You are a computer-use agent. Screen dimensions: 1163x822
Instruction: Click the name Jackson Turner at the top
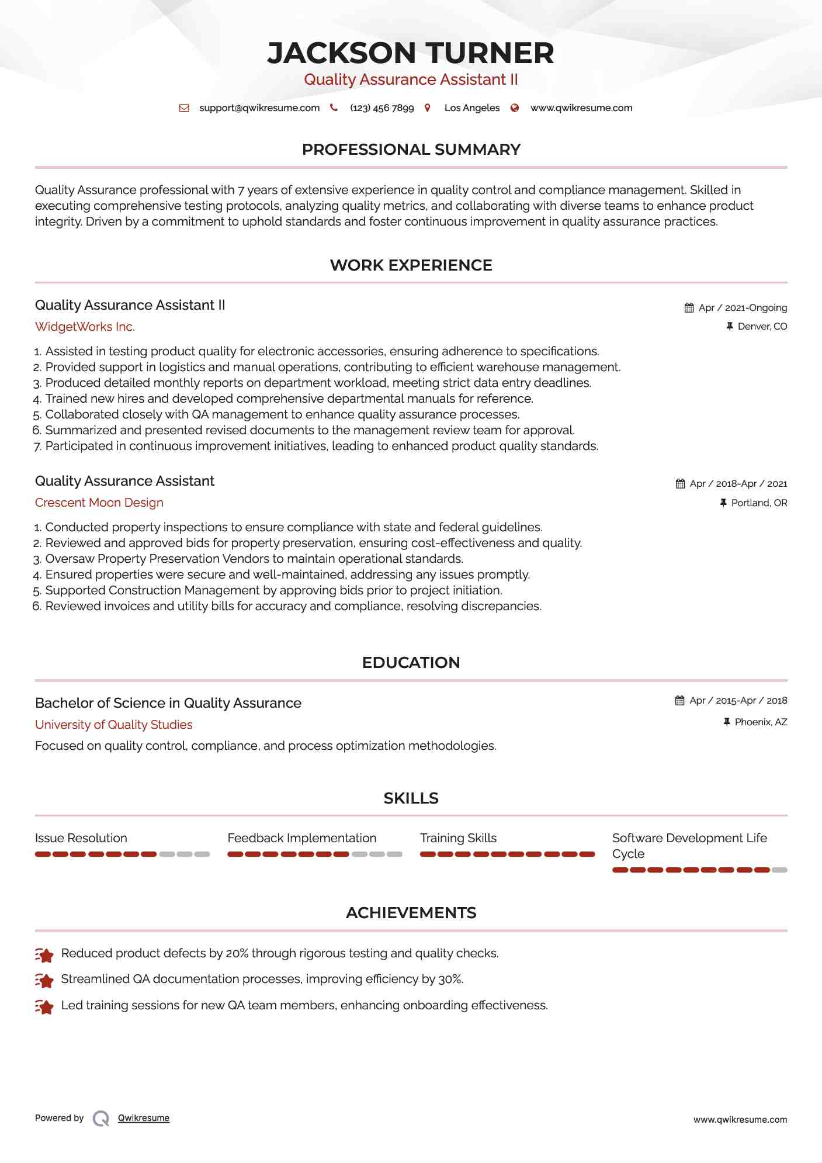[411, 53]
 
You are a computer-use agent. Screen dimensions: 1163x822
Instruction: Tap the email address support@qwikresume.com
[259, 108]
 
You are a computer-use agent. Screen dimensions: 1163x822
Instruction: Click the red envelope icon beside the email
[184, 108]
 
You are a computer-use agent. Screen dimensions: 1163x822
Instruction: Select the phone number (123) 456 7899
[381, 108]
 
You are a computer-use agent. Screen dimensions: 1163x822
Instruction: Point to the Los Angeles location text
[471, 108]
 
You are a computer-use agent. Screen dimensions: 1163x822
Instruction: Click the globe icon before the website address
[515, 108]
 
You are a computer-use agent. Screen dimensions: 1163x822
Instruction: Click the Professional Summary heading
[411, 150]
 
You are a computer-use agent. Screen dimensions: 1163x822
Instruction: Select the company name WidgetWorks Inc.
[85, 327]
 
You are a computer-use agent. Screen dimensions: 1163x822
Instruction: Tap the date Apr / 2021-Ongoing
[743, 308]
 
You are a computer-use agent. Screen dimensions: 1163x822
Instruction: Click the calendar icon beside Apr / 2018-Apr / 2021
[680, 484]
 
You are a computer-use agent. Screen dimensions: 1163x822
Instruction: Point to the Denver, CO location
[762, 327]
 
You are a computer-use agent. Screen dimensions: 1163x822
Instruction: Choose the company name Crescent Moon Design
[99, 503]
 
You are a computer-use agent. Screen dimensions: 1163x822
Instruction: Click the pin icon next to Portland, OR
[723, 503]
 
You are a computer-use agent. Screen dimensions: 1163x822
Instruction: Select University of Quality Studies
[113, 725]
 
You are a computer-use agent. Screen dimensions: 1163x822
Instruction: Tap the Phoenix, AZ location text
[761, 722]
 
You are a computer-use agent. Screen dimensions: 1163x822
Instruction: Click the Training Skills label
[458, 838]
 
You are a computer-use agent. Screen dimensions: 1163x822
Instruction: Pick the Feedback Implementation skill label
[301, 838]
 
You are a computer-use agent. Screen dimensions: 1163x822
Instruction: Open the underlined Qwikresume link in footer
[143, 1118]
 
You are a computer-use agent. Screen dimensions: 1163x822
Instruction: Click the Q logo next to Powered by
[100, 1118]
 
